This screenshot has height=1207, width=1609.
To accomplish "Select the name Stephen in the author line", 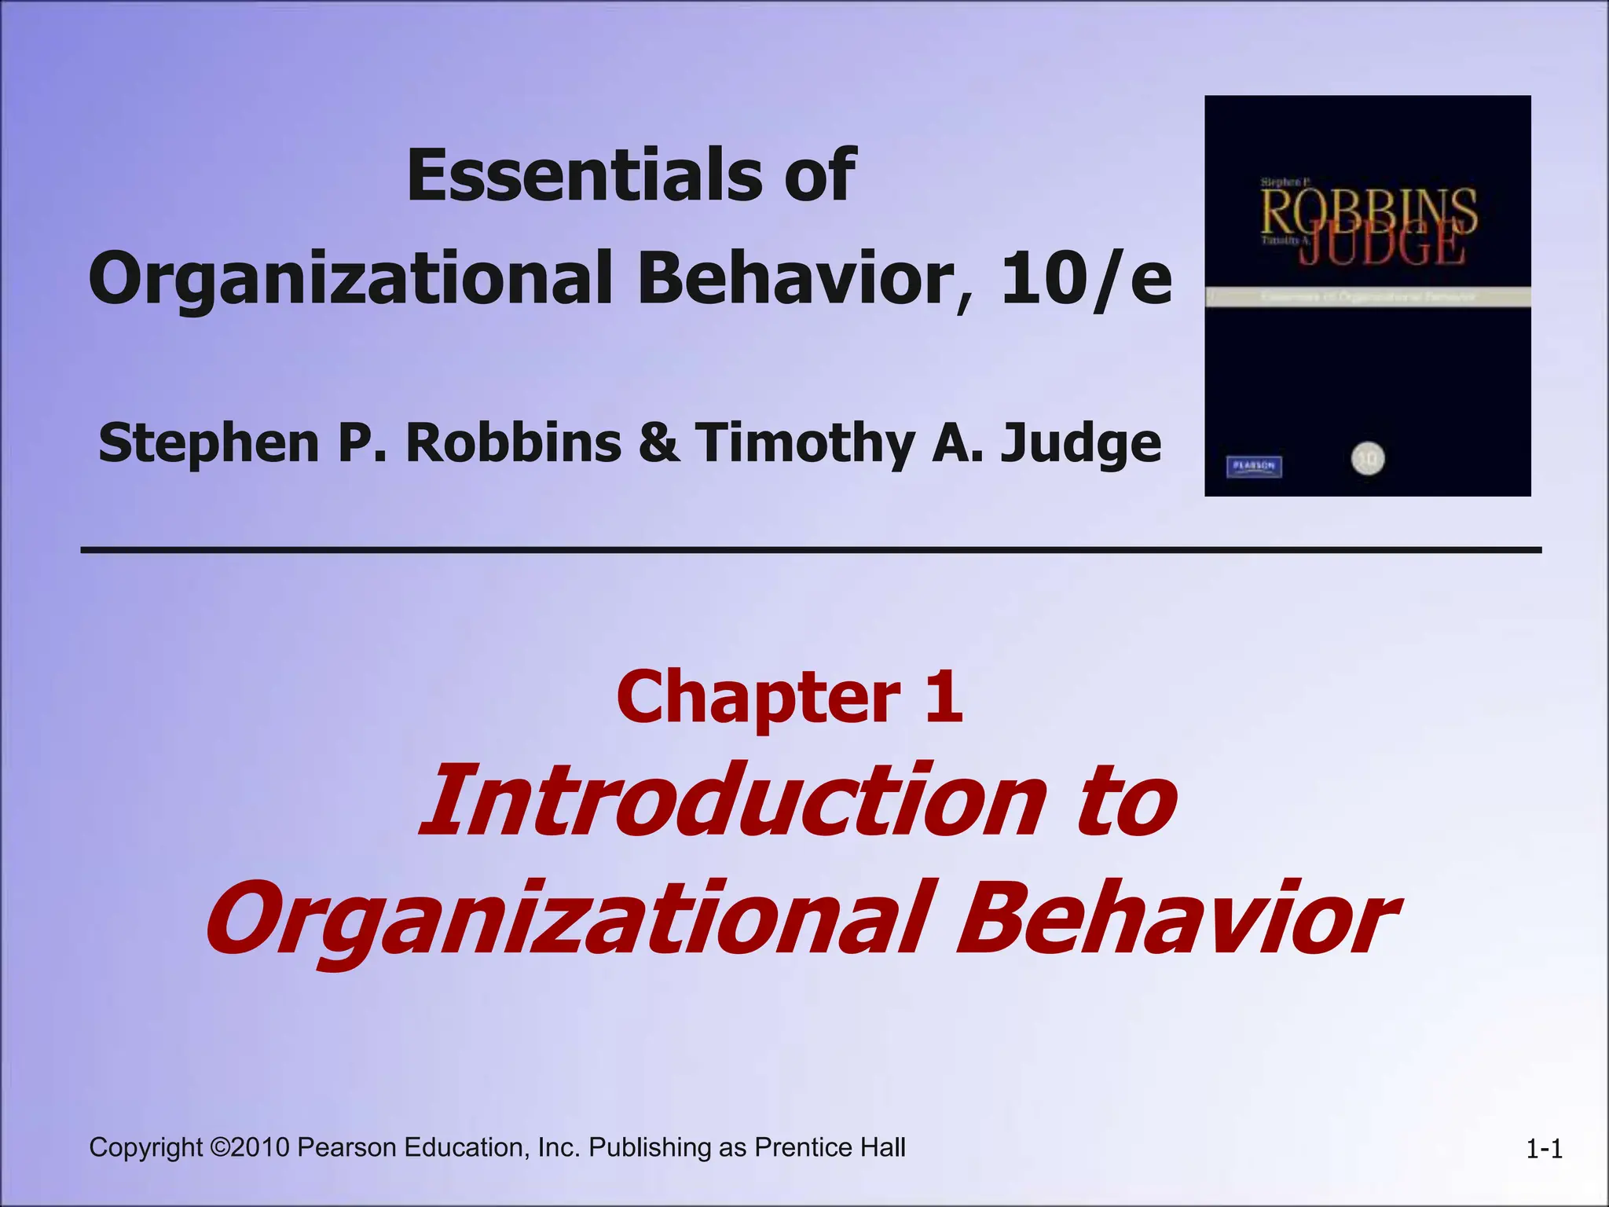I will click(x=209, y=442).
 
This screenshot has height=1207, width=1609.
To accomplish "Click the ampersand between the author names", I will click(x=658, y=442).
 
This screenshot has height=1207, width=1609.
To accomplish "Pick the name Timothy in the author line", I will click(x=805, y=442).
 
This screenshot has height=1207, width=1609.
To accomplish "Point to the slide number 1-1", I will click(x=1544, y=1150).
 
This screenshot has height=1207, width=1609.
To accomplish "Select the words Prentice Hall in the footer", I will click(x=830, y=1148).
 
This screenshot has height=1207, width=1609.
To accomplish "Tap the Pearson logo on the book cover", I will click(x=1254, y=466).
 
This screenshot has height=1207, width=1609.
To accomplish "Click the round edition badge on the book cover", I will click(x=1368, y=459).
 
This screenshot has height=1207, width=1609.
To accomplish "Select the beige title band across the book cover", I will click(x=1368, y=297).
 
